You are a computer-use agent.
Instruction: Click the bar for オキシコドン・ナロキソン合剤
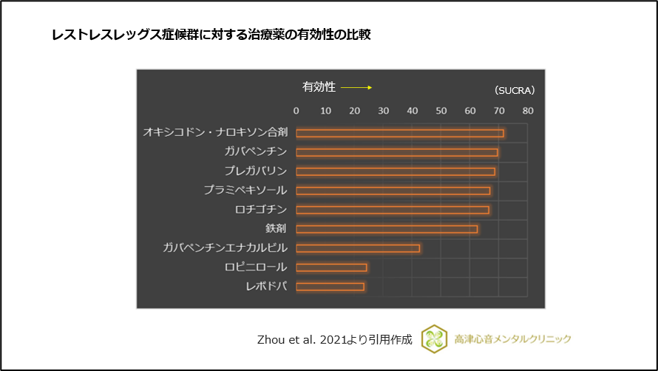point(400,133)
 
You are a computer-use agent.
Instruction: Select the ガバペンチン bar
point(397,152)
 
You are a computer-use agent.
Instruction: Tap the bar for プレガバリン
point(396,171)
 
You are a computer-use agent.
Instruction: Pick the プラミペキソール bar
point(393,191)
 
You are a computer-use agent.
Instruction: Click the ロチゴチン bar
point(393,210)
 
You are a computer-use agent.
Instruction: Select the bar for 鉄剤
point(387,229)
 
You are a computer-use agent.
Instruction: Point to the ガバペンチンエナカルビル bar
point(358,248)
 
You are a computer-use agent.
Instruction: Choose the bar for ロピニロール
point(331,268)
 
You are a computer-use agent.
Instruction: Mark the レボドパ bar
point(330,287)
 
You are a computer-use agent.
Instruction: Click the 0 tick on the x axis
point(296,111)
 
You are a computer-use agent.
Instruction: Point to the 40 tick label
point(412,111)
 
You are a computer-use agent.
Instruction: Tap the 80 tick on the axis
point(527,111)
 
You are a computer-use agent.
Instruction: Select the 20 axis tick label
point(354,111)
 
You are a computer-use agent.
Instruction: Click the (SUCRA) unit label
point(514,90)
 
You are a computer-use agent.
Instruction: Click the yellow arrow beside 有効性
point(356,87)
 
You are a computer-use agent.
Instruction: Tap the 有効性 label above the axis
point(319,87)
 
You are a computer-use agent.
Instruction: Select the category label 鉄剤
point(276,229)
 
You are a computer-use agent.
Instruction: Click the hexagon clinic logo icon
point(434,338)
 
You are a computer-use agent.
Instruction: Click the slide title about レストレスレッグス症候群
point(211,35)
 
